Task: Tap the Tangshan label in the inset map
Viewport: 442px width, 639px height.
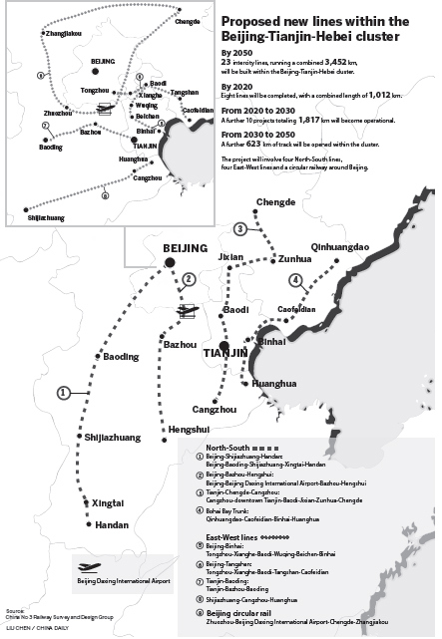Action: (x=185, y=92)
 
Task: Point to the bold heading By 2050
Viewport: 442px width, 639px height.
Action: (x=236, y=49)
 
